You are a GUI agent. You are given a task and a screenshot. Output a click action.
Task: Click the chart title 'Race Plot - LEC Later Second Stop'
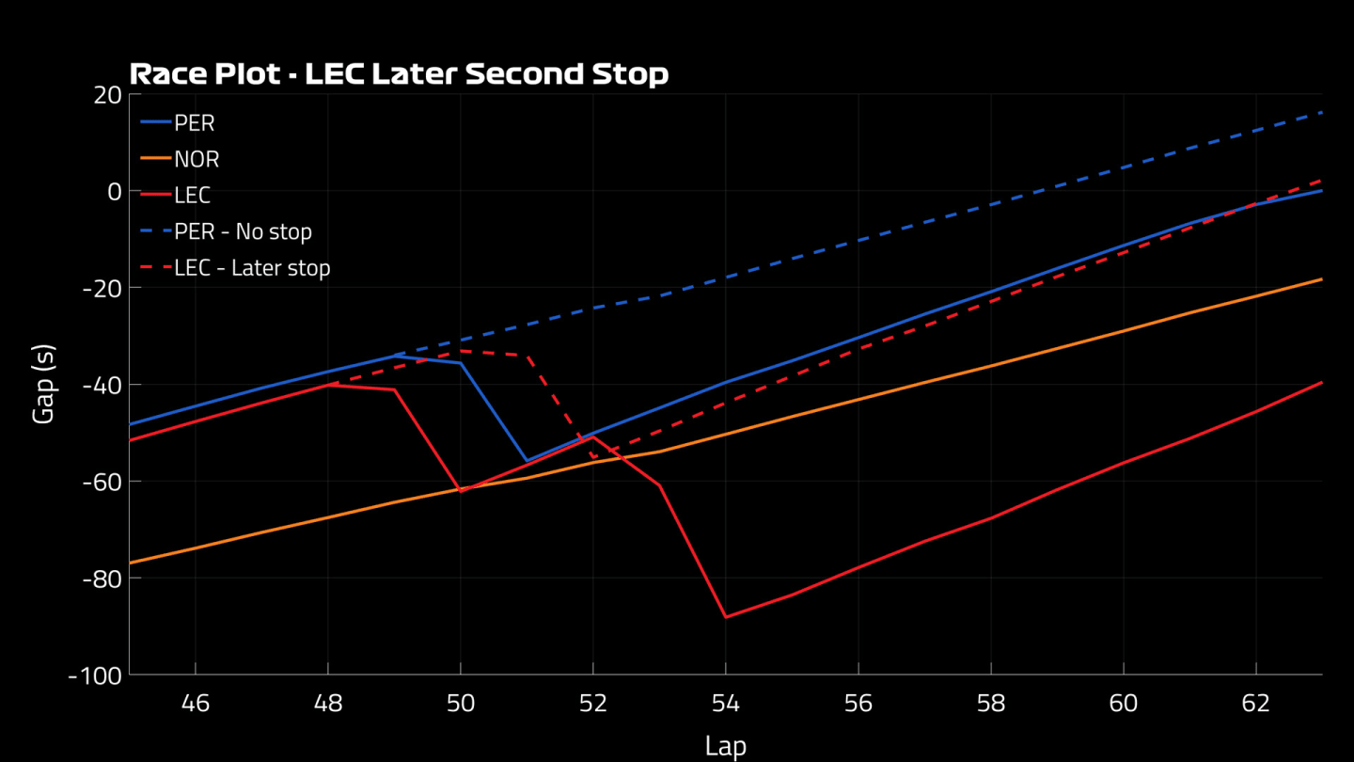coord(399,74)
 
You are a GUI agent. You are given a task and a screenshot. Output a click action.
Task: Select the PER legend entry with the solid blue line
coord(194,123)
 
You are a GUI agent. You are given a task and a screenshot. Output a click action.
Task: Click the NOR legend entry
coord(197,160)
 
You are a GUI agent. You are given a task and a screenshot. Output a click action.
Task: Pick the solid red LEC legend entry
coord(192,196)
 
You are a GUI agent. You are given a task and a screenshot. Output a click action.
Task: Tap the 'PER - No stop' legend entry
coord(243,231)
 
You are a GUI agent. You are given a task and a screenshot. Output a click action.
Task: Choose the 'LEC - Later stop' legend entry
coord(252,268)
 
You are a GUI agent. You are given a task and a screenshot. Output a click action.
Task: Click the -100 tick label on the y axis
coord(95,675)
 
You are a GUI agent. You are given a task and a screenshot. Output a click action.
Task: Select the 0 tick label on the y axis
coord(115,191)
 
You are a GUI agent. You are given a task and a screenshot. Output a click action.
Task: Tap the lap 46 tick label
coord(195,703)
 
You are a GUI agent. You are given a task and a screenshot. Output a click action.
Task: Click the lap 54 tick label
coord(726,703)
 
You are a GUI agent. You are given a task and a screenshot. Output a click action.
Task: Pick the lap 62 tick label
coord(1256,703)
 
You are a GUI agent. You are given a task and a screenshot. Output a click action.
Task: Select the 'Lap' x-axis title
coord(725,746)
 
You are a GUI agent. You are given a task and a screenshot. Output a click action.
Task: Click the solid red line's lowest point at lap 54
coord(726,617)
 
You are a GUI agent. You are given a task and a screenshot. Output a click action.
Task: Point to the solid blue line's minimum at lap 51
coord(527,461)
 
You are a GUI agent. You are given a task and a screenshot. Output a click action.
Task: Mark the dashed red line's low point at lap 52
coord(593,458)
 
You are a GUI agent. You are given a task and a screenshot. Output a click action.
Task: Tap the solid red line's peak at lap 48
coord(328,384)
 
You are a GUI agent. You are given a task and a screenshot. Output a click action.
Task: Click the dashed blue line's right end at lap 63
coord(1321,113)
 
